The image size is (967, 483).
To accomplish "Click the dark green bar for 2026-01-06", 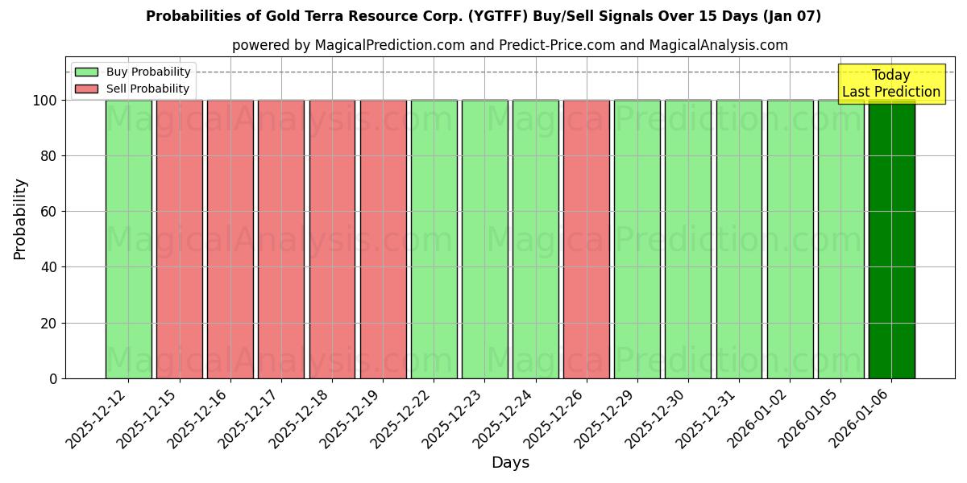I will [891, 239].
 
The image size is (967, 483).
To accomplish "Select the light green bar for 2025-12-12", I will [128, 239].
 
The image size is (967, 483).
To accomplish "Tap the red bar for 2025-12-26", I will [586, 239].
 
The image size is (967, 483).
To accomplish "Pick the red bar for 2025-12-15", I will [179, 239].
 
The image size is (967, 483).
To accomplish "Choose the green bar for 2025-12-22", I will [434, 239].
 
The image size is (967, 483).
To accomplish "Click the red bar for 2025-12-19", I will [383, 239].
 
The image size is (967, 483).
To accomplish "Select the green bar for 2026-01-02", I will [790, 239].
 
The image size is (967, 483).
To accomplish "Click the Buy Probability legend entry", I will [133, 72].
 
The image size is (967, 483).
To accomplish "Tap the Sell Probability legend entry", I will [133, 89].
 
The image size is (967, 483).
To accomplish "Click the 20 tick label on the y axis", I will [50, 324].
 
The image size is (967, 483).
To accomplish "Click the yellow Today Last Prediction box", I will [890, 84].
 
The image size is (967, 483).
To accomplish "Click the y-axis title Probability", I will [20, 219].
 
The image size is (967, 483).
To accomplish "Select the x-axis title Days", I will [510, 463].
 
